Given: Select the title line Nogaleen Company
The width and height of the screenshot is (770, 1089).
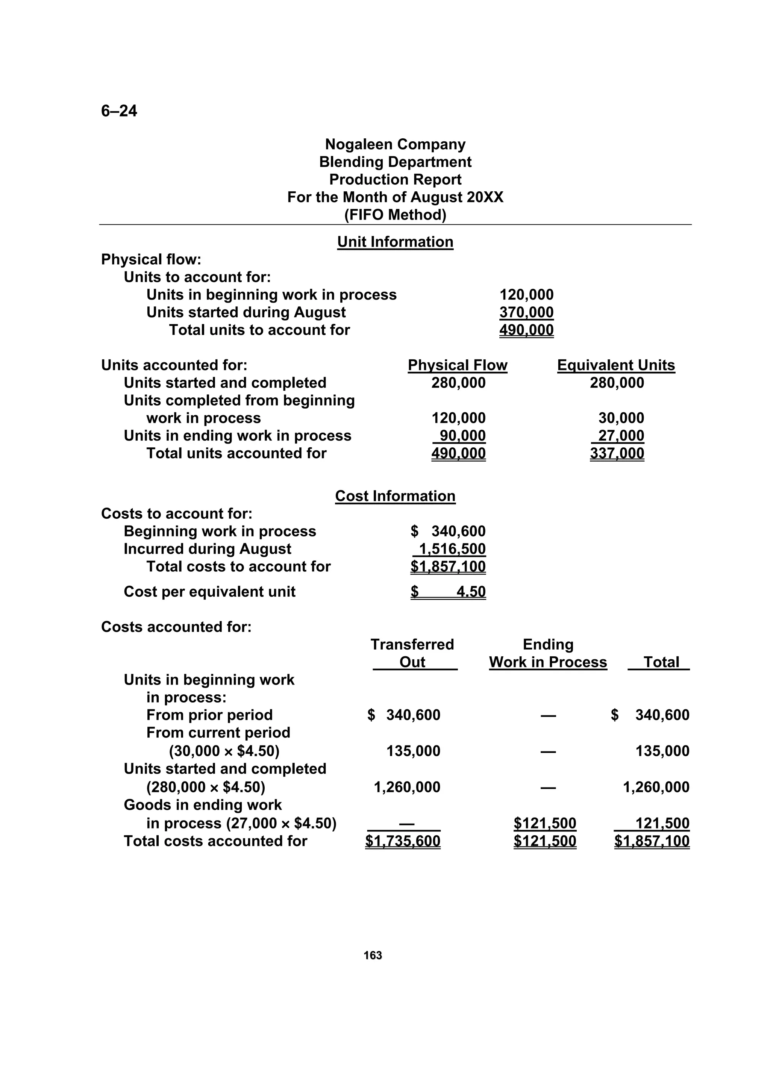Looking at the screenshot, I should coord(395,144).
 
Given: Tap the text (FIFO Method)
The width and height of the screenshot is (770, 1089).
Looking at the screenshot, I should coord(395,215).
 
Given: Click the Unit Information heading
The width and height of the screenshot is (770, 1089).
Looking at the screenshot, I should coord(395,242).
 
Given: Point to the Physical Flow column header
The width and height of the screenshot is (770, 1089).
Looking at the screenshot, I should coord(457,365).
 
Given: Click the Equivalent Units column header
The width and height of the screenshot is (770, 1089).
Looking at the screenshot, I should coord(616,365).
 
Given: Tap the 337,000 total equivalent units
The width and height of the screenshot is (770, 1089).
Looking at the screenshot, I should coord(617,453).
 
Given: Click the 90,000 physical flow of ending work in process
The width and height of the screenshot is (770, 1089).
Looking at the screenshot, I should coord(462,435).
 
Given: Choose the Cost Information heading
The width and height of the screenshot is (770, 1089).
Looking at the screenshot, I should coord(395,496).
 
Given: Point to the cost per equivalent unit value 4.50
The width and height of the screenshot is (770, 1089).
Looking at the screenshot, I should coord(471,591).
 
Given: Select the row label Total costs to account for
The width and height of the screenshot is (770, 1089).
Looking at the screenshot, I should coord(238,566).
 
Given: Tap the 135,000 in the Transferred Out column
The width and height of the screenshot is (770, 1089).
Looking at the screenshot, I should coord(413,751).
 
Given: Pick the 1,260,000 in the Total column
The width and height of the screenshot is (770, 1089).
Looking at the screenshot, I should coord(656,787).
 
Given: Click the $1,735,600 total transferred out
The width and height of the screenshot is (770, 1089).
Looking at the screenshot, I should coord(402,841).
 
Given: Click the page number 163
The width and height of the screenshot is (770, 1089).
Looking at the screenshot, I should coord(373,955).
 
